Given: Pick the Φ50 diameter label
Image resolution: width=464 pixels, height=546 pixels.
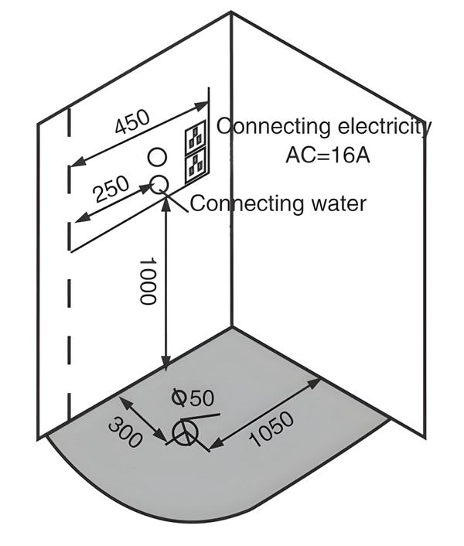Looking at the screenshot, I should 192,398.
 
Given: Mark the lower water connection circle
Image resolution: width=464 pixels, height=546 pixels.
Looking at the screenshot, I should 159,183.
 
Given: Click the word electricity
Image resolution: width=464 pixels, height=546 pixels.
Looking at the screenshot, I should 384,126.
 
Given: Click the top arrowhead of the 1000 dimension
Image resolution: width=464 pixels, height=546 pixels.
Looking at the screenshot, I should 165,202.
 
